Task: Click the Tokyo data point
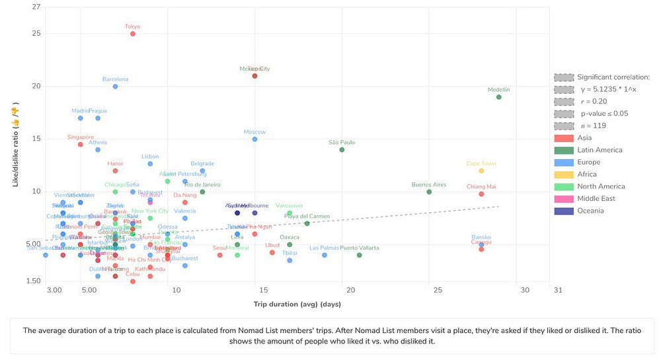tap(133, 34)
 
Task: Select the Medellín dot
tap(499, 97)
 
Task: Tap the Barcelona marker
tap(115, 87)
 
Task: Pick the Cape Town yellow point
tap(481, 171)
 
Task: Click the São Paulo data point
tap(342, 150)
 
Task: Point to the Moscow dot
tap(254, 139)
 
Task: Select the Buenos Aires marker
tap(429, 192)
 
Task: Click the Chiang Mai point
tap(481, 194)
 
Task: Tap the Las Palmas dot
tap(325, 255)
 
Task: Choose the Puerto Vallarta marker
tap(360, 255)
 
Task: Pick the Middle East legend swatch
tap(564, 199)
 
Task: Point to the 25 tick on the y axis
tap(36, 34)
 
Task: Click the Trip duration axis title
tap(297, 305)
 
